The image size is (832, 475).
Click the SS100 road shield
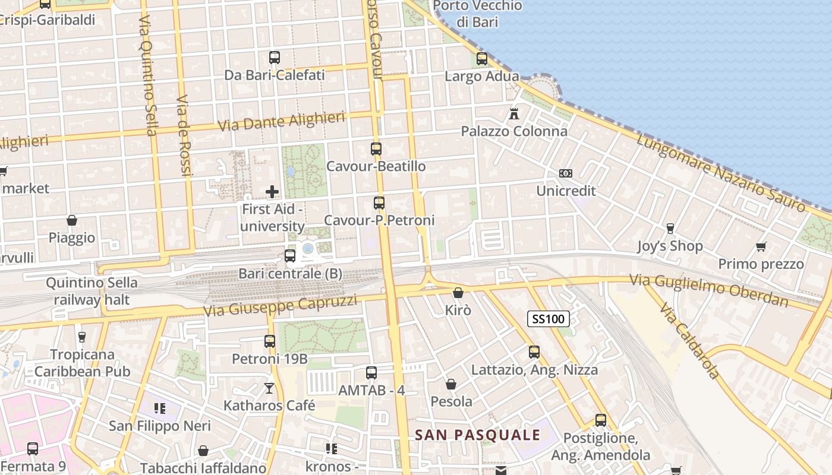548,319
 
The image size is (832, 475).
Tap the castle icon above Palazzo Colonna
514,113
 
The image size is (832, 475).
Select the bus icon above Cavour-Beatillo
376,148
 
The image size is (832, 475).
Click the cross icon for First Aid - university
272,192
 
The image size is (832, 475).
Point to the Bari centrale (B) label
290,274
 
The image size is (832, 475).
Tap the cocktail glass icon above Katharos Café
269,388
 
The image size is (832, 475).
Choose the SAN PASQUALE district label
478,435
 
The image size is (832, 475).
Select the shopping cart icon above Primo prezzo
761,246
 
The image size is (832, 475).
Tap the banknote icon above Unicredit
566,173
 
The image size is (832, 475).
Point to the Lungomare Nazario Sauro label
721,173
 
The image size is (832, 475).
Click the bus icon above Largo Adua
482,59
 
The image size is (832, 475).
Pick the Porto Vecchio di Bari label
478,14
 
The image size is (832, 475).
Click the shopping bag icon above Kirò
458,293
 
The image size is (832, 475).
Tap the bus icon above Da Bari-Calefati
275,58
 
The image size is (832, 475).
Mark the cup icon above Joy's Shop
670,229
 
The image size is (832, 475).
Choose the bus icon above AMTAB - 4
371,373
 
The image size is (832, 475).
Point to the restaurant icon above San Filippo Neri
159,408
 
